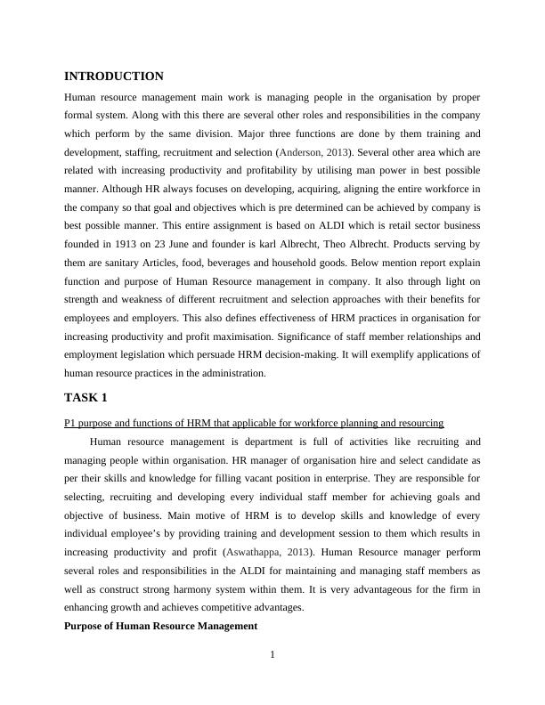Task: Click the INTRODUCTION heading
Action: pyautogui.click(x=114, y=77)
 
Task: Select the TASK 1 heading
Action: pyautogui.click(x=86, y=396)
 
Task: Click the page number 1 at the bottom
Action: pyautogui.click(x=272, y=656)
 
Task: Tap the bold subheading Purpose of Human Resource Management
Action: pyautogui.click(x=161, y=626)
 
